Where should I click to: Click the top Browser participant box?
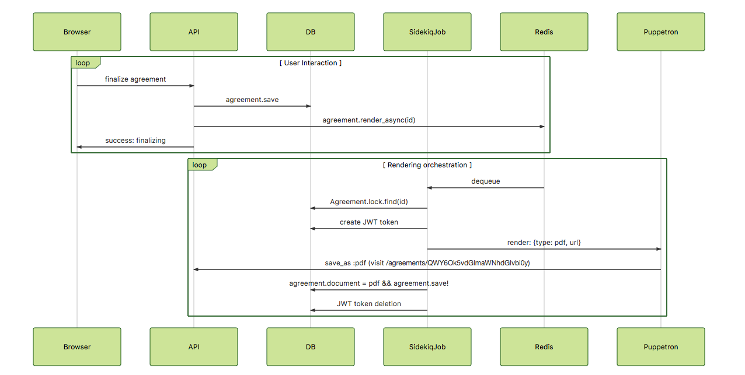tap(77, 32)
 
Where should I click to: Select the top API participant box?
tap(194, 32)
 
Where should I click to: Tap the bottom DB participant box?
tap(311, 346)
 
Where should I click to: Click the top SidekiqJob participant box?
tap(427, 32)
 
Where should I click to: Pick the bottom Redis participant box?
tap(544, 346)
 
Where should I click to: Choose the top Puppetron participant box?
tap(661, 32)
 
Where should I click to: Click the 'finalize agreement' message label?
tap(135, 79)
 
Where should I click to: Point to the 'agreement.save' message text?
tap(252, 100)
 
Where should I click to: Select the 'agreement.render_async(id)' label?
tap(369, 120)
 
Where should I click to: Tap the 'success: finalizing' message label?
tap(135, 141)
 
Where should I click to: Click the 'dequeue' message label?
tap(486, 181)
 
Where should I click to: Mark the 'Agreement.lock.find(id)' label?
tap(369, 202)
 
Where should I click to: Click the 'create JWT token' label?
tap(369, 222)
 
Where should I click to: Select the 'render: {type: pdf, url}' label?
tap(544, 243)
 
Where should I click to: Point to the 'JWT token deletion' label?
tap(369, 304)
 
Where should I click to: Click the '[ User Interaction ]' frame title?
tap(311, 63)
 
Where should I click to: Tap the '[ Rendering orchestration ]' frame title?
tap(427, 165)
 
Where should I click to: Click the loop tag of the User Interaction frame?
tap(83, 63)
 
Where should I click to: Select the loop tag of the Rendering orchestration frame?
tap(200, 165)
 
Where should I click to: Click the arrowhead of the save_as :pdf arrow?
tap(197, 269)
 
